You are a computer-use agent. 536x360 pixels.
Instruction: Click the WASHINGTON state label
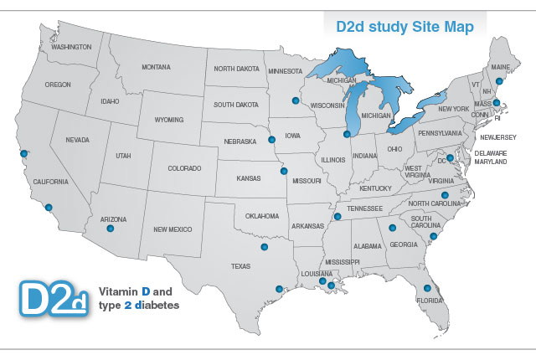click(71, 47)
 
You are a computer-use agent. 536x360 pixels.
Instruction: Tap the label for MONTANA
click(156, 67)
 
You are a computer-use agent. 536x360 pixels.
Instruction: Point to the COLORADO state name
click(184, 167)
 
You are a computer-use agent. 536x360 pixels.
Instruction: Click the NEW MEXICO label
click(173, 229)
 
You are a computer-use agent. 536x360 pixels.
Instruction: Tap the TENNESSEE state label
click(365, 208)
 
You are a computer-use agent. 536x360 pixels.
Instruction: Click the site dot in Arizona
click(111, 228)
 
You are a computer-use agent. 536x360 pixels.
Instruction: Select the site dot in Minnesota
click(295, 100)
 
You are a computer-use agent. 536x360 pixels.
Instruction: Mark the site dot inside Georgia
click(392, 227)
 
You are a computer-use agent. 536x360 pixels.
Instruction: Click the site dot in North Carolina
click(445, 195)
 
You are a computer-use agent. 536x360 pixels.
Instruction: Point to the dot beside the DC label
click(450, 157)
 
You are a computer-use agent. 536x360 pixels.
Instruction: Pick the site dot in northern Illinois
click(347, 133)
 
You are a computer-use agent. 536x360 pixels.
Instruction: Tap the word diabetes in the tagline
click(155, 305)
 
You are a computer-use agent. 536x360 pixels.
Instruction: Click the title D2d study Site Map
click(405, 27)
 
